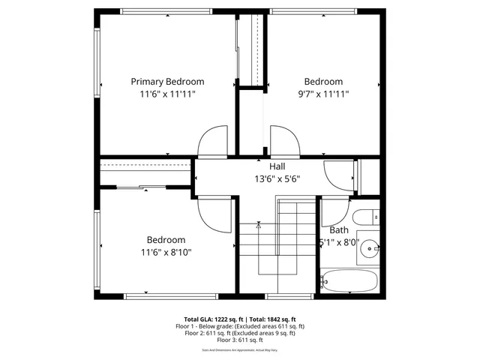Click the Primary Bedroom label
(x=167, y=82)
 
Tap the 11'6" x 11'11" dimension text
(x=167, y=94)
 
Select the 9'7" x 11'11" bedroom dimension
(x=323, y=94)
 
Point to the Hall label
(x=277, y=166)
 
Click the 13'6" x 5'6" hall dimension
(x=277, y=179)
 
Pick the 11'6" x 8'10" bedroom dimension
(x=165, y=253)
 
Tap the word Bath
(x=339, y=230)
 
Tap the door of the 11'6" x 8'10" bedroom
(x=214, y=216)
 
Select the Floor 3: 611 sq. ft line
(x=240, y=340)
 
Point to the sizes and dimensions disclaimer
(x=240, y=349)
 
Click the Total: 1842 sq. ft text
(x=272, y=319)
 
